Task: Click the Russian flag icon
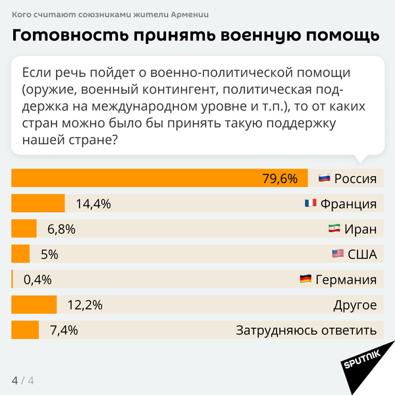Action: pyautogui.click(x=324, y=178)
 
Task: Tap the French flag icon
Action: pyautogui.click(x=310, y=203)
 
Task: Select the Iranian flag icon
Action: pyautogui.click(x=334, y=229)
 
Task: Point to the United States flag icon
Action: pyautogui.click(x=338, y=254)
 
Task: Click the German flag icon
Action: pyautogui.click(x=305, y=279)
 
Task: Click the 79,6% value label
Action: pyautogui.click(x=280, y=178)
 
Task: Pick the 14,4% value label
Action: pyautogui.click(x=93, y=203)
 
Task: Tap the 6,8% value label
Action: pyautogui.click(x=62, y=229)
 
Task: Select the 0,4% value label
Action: pyautogui.click(x=38, y=279)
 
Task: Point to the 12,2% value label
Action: pyautogui.click(x=86, y=305)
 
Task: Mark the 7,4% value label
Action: pyautogui.click(x=64, y=330)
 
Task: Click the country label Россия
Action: pyautogui.click(x=355, y=178)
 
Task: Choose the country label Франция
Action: pyautogui.click(x=348, y=203)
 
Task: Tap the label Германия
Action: pyautogui.click(x=346, y=279)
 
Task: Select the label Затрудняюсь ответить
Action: pyautogui.click(x=306, y=330)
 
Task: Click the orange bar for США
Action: pyautogui.click(x=21, y=254)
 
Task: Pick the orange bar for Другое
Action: pyautogui.click(x=35, y=305)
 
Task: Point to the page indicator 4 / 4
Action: pyautogui.click(x=22, y=381)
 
